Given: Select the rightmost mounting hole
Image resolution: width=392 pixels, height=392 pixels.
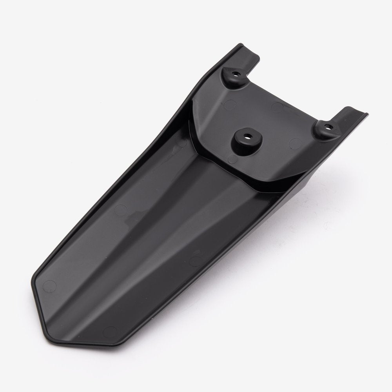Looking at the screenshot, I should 328,126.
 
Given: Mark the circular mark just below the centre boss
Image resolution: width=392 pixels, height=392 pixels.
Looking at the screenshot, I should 232,158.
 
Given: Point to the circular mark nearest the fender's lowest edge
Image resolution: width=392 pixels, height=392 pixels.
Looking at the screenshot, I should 111,330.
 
